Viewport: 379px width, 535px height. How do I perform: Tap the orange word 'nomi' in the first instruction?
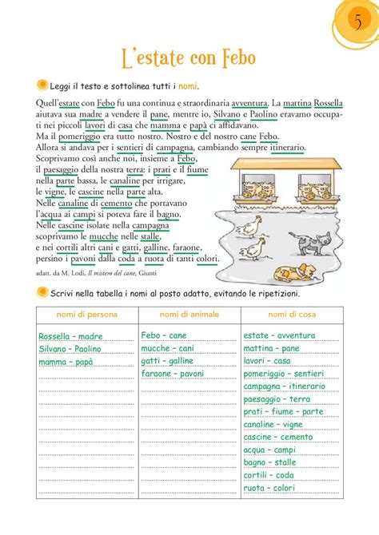click(x=187, y=85)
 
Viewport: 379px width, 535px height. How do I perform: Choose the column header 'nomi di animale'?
click(x=189, y=315)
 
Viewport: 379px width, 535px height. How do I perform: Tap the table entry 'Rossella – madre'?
click(x=70, y=336)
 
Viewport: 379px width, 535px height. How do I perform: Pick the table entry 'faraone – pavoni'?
click(x=172, y=374)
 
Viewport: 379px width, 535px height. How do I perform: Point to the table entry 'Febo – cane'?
click(x=164, y=336)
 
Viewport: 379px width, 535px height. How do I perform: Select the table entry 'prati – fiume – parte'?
click(x=284, y=412)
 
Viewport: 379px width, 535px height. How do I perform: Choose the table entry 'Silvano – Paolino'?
click(x=70, y=349)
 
